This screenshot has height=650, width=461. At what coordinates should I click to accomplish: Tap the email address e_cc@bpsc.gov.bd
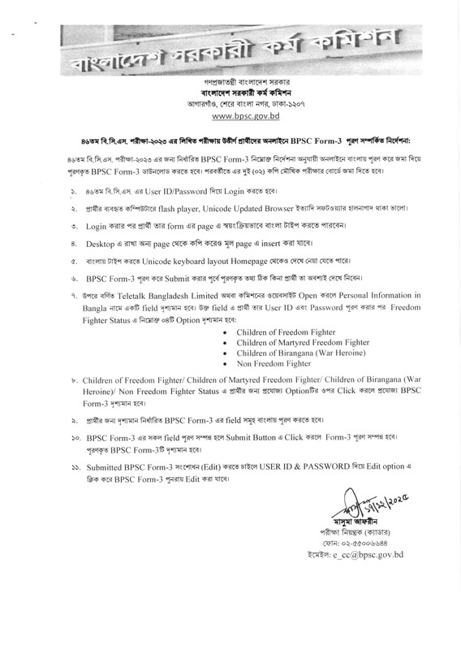point(366,554)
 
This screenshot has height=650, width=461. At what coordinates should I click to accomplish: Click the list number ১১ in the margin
point(75,469)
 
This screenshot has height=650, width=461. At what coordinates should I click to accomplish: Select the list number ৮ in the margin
point(75,379)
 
